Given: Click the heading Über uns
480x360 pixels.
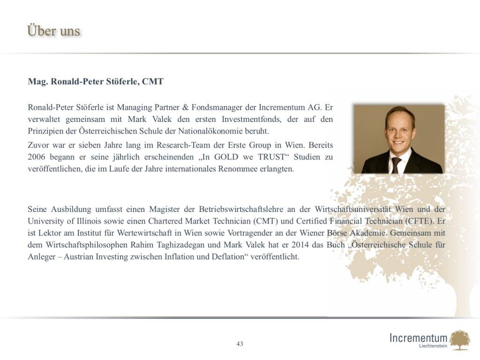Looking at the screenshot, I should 54,31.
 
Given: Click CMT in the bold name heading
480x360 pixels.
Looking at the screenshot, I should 153,82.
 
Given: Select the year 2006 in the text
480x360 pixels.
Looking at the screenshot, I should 37,157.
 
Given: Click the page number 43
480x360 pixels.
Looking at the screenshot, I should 240,344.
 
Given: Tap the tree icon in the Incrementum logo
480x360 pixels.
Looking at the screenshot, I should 459,340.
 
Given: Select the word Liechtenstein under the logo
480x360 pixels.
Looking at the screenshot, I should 433,346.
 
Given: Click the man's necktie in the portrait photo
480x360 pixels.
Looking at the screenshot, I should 396,165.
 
